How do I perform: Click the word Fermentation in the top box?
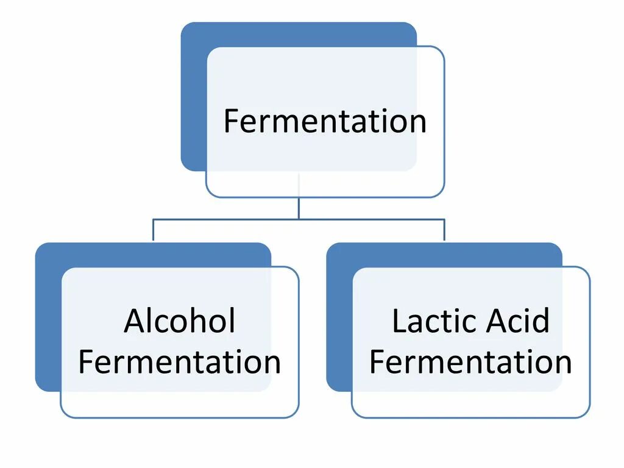click(324, 121)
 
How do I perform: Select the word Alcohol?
click(179, 321)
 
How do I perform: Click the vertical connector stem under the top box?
click(299, 207)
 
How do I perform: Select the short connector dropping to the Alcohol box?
click(153, 230)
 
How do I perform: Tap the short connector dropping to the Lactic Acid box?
click(444, 230)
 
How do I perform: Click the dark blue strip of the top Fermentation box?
click(194, 97)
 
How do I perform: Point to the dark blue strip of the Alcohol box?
click(48, 317)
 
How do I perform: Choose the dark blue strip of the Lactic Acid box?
click(339, 317)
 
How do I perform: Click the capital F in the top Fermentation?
click(230, 121)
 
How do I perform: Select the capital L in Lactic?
click(399, 321)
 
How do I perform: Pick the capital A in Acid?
click(501, 321)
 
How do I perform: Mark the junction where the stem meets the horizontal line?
click(299, 219)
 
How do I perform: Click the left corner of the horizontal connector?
click(153, 219)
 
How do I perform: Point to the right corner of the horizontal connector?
click(444, 219)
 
